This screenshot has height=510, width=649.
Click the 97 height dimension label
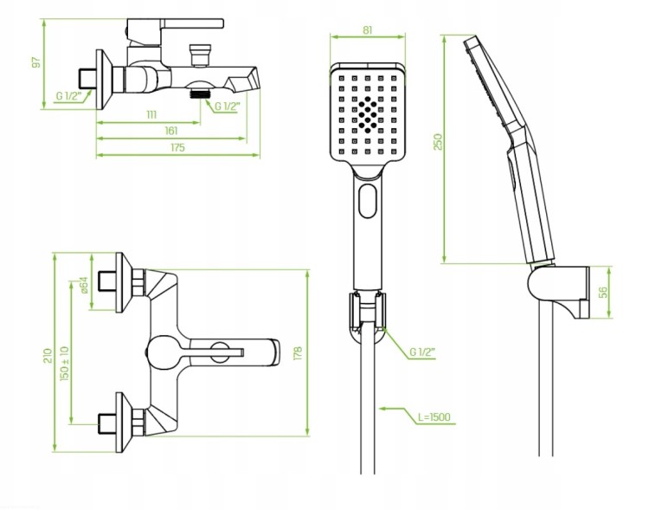[x=36, y=62]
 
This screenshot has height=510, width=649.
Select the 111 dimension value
[x=151, y=114]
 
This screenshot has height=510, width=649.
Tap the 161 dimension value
[x=171, y=131]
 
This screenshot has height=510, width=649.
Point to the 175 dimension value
[x=177, y=147]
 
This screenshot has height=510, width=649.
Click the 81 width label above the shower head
[x=368, y=29]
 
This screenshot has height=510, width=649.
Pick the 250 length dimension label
[x=438, y=142]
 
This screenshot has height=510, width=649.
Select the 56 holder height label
[x=603, y=292]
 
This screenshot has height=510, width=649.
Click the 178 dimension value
[x=298, y=353]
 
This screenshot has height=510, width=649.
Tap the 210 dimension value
[x=48, y=356]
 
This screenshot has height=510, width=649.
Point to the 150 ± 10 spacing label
[x=65, y=364]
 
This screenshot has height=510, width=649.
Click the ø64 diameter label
[x=84, y=285]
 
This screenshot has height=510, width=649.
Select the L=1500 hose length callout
[x=434, y=416]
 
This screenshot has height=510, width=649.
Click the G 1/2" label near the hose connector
[x=422, y=352]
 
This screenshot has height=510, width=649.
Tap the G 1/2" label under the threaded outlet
[x=227, y=106]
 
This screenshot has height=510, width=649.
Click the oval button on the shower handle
[x=368, y=201]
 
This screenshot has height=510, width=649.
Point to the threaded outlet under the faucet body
[x=200, y=94]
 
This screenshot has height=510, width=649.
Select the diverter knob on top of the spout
[x=200, y=55]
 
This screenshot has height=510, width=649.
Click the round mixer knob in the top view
[x=164, y=352]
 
